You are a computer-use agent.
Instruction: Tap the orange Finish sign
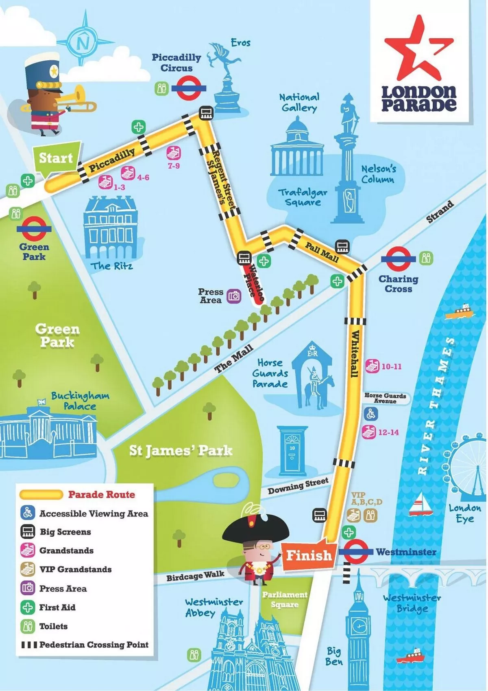(309, 555)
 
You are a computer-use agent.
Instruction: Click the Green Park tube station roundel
(34, 228)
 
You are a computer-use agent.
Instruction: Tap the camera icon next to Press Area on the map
(234, 296)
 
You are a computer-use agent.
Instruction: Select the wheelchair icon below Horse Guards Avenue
(370, 415)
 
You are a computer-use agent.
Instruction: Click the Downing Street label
(298, 486)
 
